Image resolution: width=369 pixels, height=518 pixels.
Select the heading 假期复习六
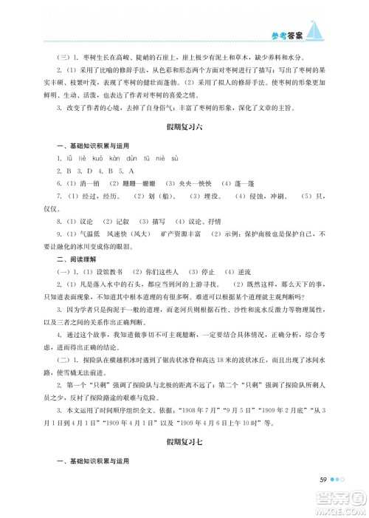(x=184, y=127)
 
